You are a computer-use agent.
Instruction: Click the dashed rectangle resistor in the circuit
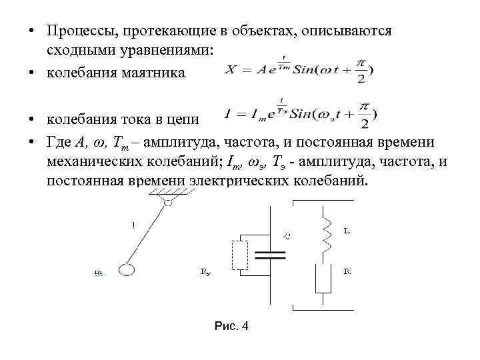coord(239,254)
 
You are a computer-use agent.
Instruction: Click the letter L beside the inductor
coord(347,231)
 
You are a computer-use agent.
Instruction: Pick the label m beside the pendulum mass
coord(98,272)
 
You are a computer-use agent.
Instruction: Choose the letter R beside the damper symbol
coord(347,271)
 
